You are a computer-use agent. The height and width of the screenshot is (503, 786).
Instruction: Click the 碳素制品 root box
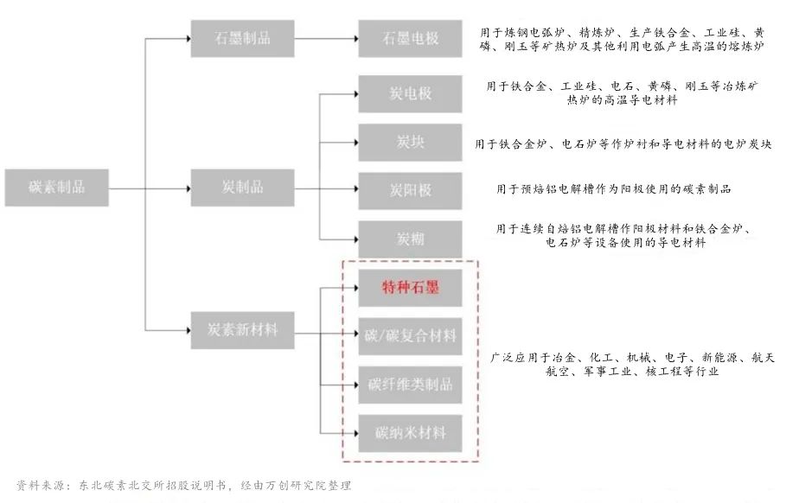[57, 188]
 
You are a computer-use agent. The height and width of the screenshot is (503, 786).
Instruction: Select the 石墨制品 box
[242, 39]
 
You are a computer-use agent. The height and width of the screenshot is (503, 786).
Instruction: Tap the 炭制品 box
[242, 188]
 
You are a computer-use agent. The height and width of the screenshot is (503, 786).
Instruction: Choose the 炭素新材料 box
[242, 330]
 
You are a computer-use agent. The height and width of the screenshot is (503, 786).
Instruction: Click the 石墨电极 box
[410, 39]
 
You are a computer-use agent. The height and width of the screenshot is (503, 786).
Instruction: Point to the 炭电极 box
[410, 93]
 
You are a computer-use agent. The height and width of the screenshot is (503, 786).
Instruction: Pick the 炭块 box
[410, 143]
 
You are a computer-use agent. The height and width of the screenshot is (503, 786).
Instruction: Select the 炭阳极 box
[410, 191]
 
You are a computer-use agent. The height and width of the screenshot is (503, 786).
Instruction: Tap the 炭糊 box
[410, 239]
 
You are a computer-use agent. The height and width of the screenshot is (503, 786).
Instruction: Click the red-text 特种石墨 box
[410, 288]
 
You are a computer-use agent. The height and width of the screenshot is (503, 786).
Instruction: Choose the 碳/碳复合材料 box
[410, 336]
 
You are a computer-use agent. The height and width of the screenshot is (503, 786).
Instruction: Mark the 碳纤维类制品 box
[410, 385]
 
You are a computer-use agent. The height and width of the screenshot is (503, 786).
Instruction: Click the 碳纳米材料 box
[410, 433]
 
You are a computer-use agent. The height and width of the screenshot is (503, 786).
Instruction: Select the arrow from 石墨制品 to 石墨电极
[326, 39]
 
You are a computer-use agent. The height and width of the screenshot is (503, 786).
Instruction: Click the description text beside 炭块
[623, 144]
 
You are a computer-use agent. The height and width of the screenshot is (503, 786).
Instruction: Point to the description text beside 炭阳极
[614, 189]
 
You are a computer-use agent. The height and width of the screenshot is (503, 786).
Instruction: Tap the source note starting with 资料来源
[183, 485]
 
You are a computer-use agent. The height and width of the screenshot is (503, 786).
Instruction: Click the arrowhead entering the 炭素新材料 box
[188, 330]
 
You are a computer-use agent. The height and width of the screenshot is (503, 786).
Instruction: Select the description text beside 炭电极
[622, 93]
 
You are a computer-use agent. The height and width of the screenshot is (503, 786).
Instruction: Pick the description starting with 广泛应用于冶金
[632, 364]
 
